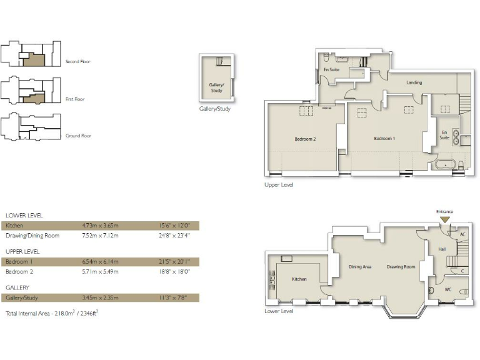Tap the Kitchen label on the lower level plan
point(299,279)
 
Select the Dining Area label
point(359,267)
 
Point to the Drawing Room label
point(401,267)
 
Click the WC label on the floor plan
point(447,289)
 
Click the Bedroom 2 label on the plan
point(305,139)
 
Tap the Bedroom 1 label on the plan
point(384,138)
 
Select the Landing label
point(414,82)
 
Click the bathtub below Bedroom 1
point(444,166)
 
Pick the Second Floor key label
point(78,62)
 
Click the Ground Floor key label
point(78,136)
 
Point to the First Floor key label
point(75,99)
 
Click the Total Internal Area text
point(51,312)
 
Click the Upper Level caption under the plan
point(279,185)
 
